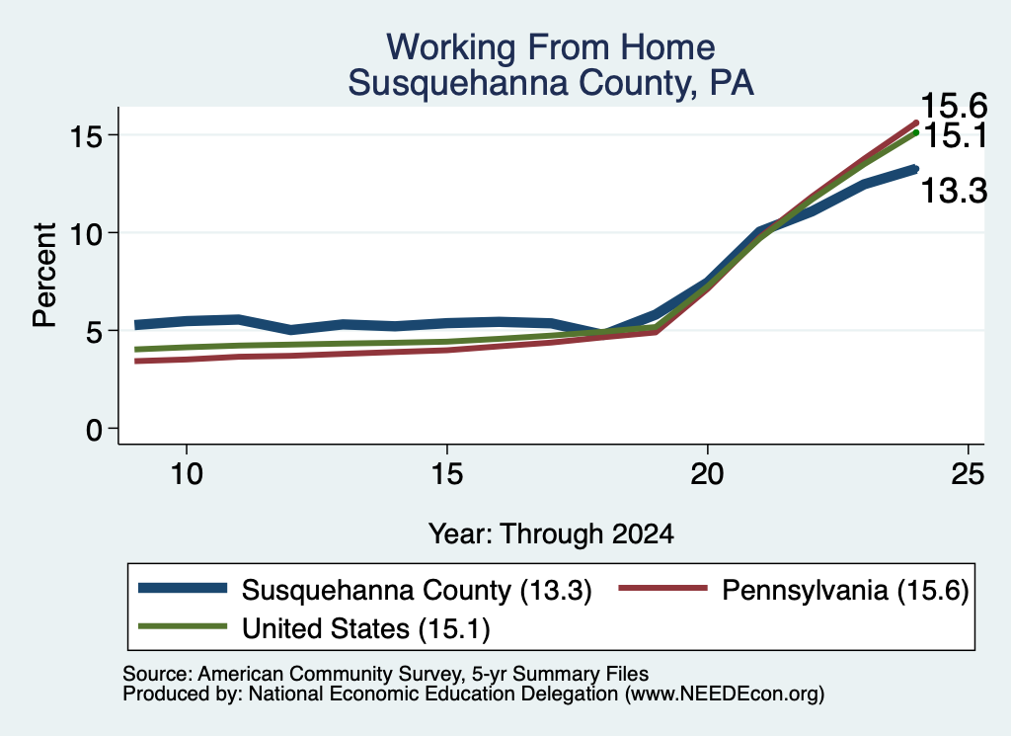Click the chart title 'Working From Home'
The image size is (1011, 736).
tap(551, 47)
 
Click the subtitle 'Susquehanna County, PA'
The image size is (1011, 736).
tap(551, 83)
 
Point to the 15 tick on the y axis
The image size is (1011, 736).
tap(87, 135)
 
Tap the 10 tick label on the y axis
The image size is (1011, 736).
tap(87, 233)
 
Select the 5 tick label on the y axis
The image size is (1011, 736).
tap(95, 331)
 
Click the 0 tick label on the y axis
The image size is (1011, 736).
tap(95, 429)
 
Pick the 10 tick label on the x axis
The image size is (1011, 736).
tap(187, 474)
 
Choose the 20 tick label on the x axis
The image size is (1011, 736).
tap(707, 474)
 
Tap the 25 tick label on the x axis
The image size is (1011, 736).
tap(968, 474)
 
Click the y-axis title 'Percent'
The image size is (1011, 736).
tap(44, 275)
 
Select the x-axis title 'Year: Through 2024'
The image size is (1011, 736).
tap(551, 534)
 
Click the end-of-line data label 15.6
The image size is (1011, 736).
tap(955, 105)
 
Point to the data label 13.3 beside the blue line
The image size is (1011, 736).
tap(955, 191)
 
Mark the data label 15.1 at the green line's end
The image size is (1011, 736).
tap(956, 136)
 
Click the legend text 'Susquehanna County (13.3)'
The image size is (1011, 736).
tap(417, 590)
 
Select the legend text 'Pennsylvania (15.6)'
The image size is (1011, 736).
tap(845, 590)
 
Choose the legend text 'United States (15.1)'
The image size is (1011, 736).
tap(366, 628)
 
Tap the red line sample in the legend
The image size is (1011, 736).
tap(663, 588)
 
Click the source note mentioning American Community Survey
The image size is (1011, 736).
tap(386, 674)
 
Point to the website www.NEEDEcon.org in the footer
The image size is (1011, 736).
tap(725, 695)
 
